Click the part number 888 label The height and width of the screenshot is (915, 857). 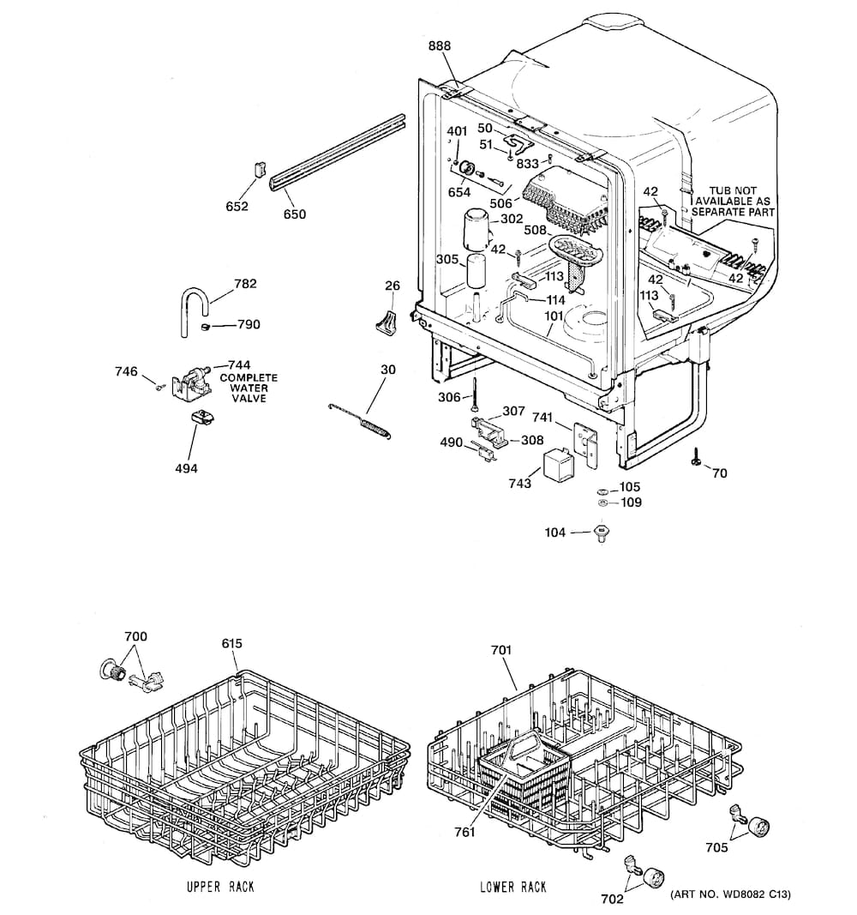439,45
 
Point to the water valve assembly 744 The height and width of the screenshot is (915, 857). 191,383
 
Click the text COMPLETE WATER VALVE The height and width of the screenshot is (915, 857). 249,388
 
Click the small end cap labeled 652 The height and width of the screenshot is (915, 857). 255,169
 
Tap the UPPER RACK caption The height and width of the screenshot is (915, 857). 219,887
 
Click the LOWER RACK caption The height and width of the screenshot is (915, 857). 512,887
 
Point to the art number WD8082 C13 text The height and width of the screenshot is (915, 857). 728,894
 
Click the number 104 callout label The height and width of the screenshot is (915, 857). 555,533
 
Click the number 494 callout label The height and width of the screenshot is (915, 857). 186,468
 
